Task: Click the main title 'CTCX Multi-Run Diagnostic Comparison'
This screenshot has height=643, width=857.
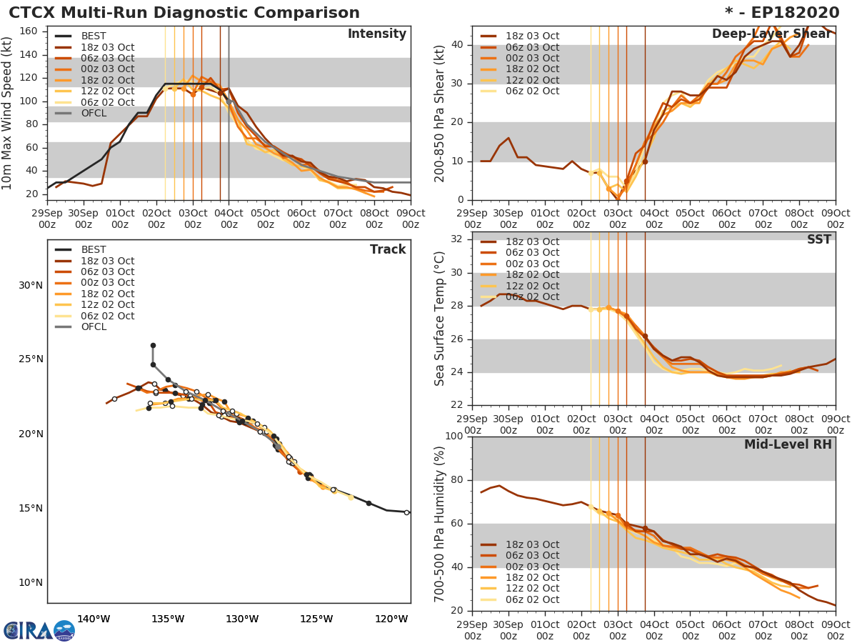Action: (184, 13)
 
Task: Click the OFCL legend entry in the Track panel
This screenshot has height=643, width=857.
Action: (94, 327)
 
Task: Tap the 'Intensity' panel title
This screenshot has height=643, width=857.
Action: (376, 34)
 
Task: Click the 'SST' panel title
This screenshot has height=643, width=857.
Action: (818, 239)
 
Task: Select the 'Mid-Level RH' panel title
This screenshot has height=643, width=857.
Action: (788, 444)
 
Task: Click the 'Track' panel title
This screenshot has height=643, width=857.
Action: (388, 249)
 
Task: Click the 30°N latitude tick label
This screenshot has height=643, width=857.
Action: (31, 286)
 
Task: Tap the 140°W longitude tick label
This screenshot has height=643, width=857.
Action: (94, 619)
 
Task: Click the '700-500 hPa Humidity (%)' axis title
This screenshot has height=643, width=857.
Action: (440, 524)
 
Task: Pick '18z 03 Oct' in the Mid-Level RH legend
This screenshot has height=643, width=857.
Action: (532, 544)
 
